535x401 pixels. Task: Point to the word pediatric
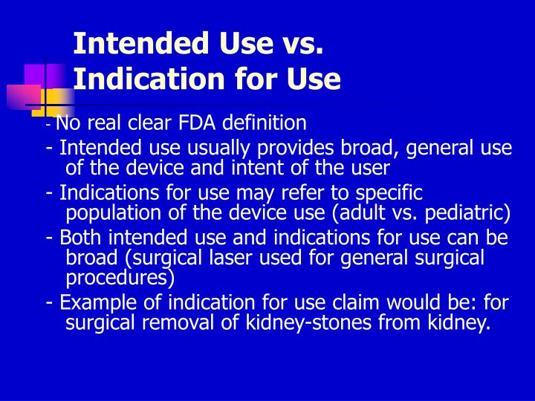472,215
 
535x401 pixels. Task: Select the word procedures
119,278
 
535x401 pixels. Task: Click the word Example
91,303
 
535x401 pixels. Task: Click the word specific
389,193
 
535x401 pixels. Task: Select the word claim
340,303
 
